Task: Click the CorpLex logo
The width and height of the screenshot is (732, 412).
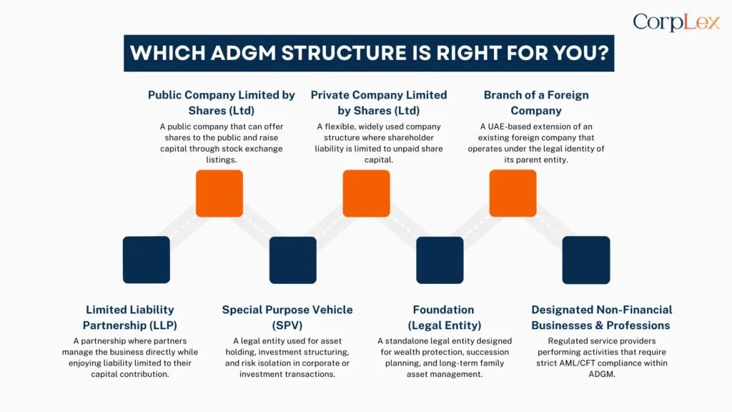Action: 676,23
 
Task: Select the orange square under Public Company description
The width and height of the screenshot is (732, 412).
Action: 219,193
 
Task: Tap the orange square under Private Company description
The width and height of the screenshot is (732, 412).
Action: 366,193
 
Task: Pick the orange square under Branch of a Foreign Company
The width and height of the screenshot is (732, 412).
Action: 513,193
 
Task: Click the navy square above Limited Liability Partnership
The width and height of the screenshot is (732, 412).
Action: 147,260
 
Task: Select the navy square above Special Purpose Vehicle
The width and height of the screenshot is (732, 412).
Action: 293,260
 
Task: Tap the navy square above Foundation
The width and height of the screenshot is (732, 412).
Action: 440,260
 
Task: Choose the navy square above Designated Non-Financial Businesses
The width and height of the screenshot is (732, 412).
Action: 586,260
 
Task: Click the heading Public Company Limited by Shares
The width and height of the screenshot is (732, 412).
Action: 221,102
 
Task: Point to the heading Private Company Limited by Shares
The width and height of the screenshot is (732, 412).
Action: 378,102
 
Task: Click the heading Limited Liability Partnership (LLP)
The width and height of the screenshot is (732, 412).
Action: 130,318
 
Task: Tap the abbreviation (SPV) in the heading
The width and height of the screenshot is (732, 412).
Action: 287,325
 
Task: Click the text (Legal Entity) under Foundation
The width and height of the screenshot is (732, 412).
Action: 443,325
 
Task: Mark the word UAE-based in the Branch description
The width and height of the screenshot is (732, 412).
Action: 505,127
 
